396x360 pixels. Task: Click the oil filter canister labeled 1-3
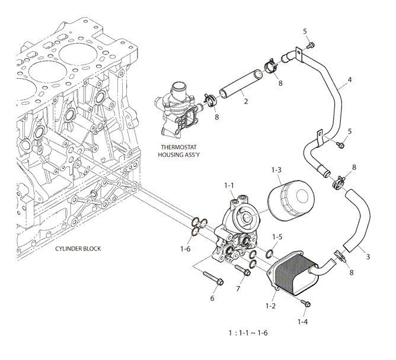pyautogui.click(x=291, y=201)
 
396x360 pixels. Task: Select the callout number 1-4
pyautogui.click(x=302, y=322)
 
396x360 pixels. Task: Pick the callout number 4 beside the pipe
pyautogui.click(x=350, y=80)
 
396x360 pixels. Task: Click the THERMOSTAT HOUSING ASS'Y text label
pyautogui.click(x=178, y=151)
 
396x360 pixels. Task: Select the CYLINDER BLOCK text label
pyautogui.click(x=78, y=249)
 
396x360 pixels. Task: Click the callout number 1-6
pyautogui.click(x=186, y=249)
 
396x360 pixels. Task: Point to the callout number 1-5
pyautogui.click(x=277, y=237)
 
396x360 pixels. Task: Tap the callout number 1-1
pyautogui.click(x=229, y=185)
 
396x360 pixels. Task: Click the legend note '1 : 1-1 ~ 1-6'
pyautogui.click(x=248, y=333)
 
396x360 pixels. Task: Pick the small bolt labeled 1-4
pyautogui.click(x=306, y=303)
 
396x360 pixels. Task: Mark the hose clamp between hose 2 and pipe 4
pyautogui.click(x=271, y=66)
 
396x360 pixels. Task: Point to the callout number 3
pyautogui.click(x=368, y=257)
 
